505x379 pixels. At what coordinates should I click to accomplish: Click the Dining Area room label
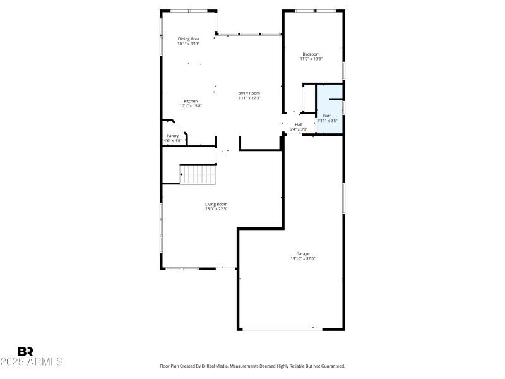point(188,39)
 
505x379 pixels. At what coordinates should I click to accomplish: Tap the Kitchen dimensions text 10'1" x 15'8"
point(190,106)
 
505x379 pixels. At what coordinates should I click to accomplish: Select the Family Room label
point(248,93)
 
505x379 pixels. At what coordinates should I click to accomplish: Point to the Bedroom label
point(311,54)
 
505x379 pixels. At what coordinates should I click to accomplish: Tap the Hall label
point(298,124)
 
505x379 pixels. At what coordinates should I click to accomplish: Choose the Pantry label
point(172,136)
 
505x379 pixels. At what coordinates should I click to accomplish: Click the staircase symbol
point(198,174)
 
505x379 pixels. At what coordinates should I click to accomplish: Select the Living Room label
point(216,204)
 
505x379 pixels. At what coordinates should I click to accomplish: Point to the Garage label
point(302,253)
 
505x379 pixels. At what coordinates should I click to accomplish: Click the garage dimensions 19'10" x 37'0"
point(302,258)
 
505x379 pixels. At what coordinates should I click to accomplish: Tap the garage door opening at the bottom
point(278,328)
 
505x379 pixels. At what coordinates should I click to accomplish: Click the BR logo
point(25,351)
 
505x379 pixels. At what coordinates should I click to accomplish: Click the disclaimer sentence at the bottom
point(252,366)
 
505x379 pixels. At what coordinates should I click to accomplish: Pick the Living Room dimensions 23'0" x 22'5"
point(216,209)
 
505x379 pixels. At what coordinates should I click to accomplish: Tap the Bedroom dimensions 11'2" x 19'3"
point(311,59)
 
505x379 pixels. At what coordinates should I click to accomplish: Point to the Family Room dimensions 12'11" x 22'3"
point(248,98)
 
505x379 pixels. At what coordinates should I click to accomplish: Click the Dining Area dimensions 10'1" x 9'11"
point(188,44)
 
